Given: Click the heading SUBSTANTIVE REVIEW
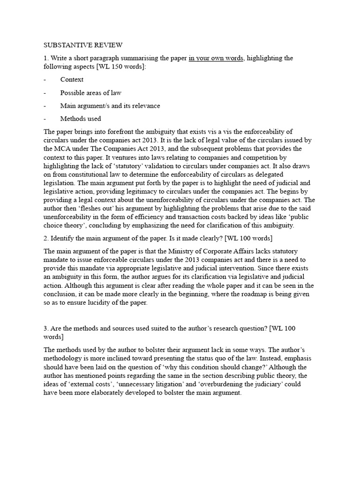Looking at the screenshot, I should point(83,45).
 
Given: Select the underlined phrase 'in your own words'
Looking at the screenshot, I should point(216,58).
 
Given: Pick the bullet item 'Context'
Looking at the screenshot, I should point(72,80).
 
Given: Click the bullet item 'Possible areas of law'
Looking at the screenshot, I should point(90,93).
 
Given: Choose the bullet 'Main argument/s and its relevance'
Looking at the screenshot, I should point(110,106).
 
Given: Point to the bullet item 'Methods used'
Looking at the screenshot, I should point(80,119).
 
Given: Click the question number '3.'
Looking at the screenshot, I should point(46,329).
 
